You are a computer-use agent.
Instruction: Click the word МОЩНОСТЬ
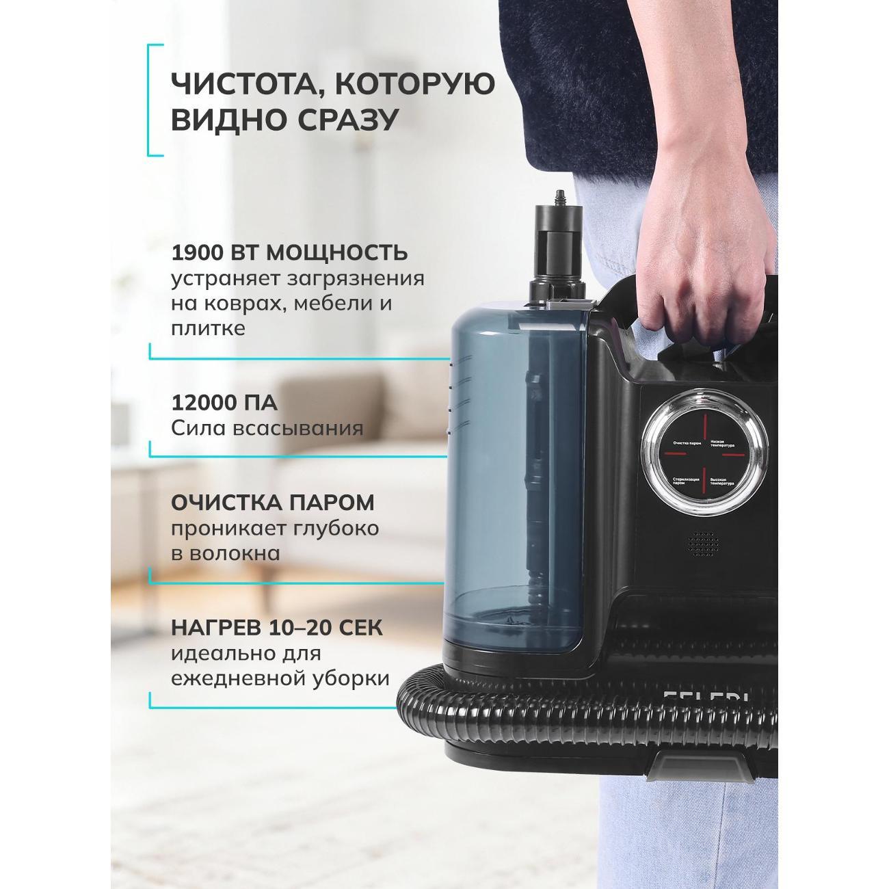point(337,252)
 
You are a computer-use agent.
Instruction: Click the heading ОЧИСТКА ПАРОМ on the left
point(272,502)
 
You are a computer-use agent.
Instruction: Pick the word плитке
point(208,328)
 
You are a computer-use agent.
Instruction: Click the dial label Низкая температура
point(724,444)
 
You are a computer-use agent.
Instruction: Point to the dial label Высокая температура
point(722,482)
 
